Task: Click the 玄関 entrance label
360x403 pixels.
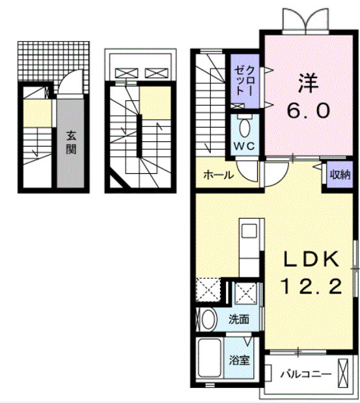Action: coord(71,143)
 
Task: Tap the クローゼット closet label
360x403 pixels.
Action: coord(244,81)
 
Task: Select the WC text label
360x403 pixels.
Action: coord(244,146)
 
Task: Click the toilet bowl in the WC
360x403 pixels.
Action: coord(244,128)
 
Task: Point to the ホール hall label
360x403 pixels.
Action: coord(219,175)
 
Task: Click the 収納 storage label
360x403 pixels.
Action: coord(340,174)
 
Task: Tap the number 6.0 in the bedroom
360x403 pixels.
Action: coord(308,111)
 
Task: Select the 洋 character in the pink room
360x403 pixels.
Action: coord(309,83)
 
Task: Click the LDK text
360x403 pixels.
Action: coord(311,260)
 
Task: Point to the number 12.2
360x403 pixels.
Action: coord(311,286)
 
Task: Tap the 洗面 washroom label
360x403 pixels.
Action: coord(239,319)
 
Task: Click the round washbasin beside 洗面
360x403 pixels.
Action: coord(208,320)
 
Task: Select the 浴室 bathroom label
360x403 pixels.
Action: coord(240,360)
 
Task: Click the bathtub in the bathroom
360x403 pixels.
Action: coord(210,358)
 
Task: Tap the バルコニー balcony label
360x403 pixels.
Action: coord(306,374)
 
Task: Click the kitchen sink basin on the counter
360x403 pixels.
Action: coord(249,231)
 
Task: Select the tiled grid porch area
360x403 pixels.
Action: coord(53,61)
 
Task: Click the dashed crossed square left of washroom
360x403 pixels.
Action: coord(208,290)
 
